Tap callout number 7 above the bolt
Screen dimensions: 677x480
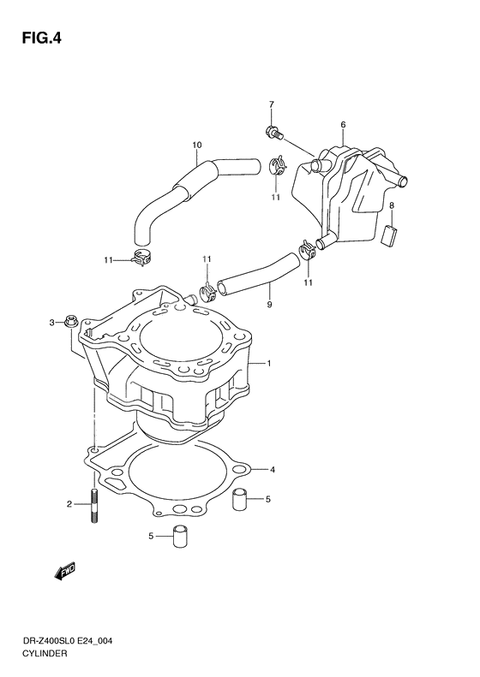pyautogui.click(x=271, y=106)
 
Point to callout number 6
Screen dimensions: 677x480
pyautogui.click(x=342, y=126)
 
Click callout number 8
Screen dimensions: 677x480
pyautogui.click(x=391, y=206)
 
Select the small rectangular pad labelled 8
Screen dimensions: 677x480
pyautogui.click(x=391, y=234)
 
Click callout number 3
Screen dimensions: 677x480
pyautogui.click(x=51, y=323)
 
